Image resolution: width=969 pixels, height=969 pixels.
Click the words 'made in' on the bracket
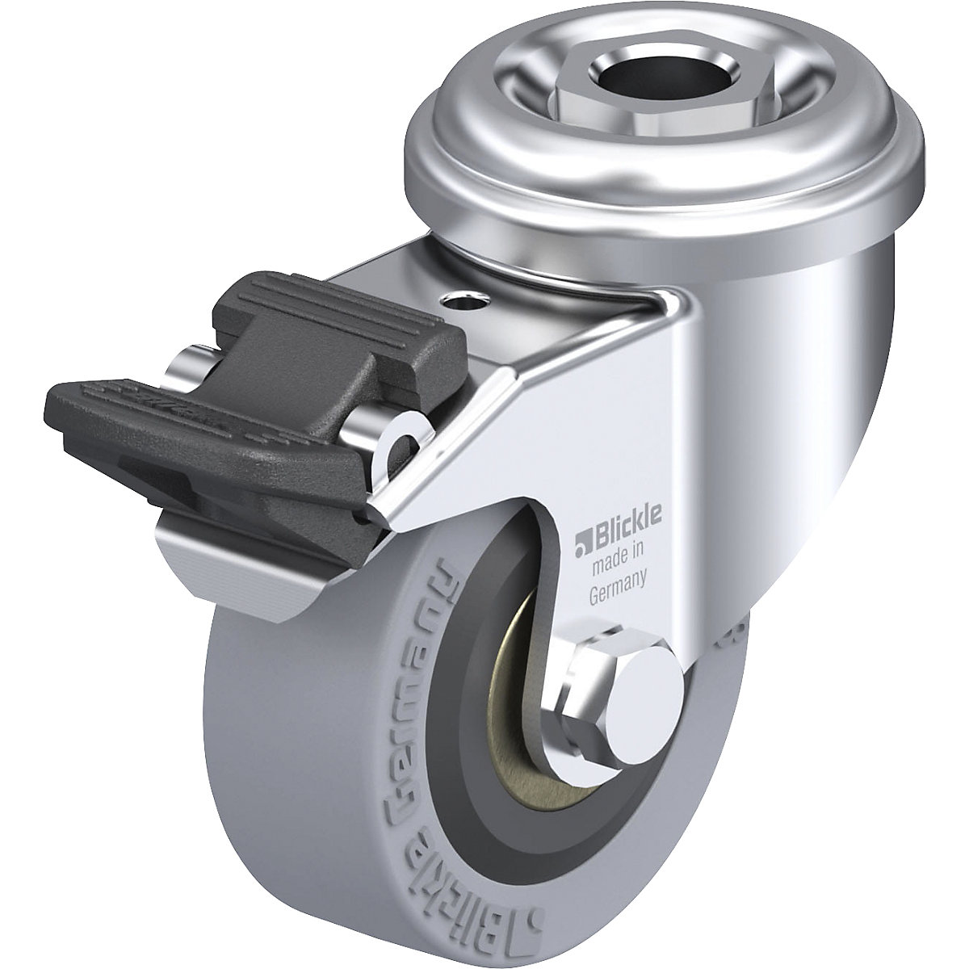click(x=619, y=565)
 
